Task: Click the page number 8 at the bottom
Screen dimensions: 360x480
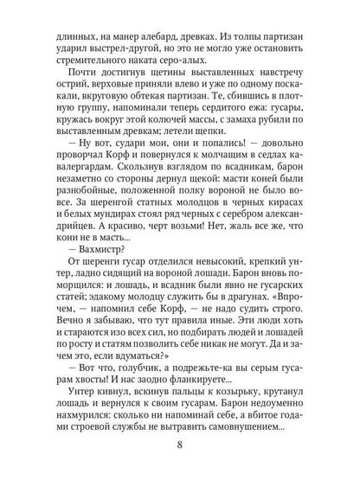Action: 180,447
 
